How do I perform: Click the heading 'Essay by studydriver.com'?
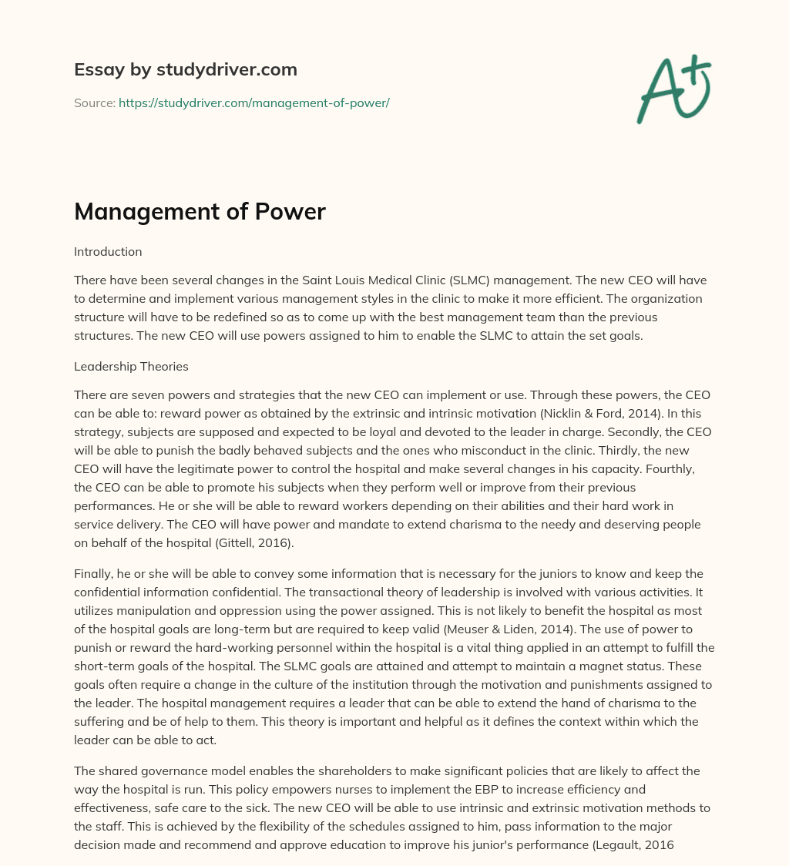pyautogui.click(x=185, y=70)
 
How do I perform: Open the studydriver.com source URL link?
pyautogui.click(x=253, y=102)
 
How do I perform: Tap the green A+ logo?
pyautogui.click(x=673, y=89)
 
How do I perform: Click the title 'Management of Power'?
pyautogui.click(x=200, y=212)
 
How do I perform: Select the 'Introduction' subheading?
pyautogui.click(x=108, y=251)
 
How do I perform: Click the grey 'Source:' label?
pyautogui.click(x=94, y=102)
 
